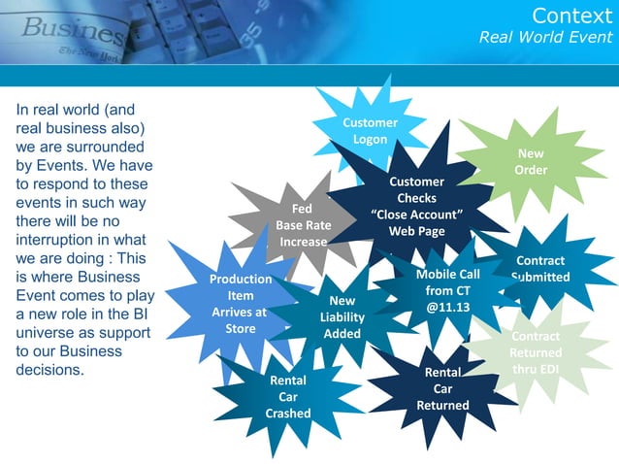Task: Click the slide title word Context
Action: coord(571,16)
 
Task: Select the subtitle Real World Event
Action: coord(546,37)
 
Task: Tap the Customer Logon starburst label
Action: coord(370,131)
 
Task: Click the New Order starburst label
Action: coord(531,162)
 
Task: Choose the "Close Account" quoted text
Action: coord(416,215)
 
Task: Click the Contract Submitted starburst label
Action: coord(540,269)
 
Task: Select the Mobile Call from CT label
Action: coord(447,282)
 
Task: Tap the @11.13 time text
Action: coord(447,307)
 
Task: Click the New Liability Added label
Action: coord(342,317)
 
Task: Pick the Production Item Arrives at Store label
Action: coord(241,304)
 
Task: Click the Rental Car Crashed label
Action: coord(288,396)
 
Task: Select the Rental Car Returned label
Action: coord(442,388)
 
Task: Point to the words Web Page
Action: coord(416,231)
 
